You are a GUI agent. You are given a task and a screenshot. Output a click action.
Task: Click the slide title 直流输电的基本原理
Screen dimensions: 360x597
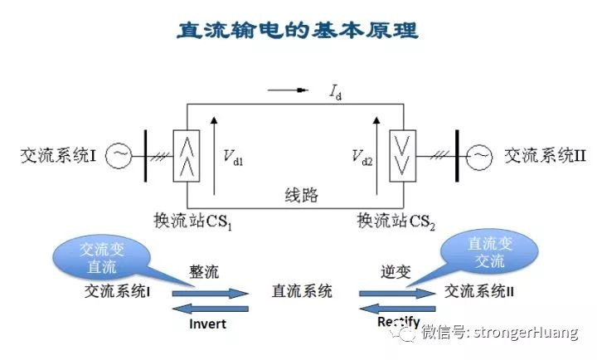pyautogui.click(x=298, y=31)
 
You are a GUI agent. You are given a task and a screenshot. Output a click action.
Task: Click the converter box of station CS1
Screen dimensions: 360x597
pyautogui.click(x=186, y=155)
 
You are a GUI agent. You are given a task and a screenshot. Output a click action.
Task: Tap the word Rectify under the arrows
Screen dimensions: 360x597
pyautogui.click(x=398, y=322)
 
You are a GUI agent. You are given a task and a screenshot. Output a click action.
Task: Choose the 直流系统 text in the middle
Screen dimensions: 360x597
pyautogui.click(x=302, y=291)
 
